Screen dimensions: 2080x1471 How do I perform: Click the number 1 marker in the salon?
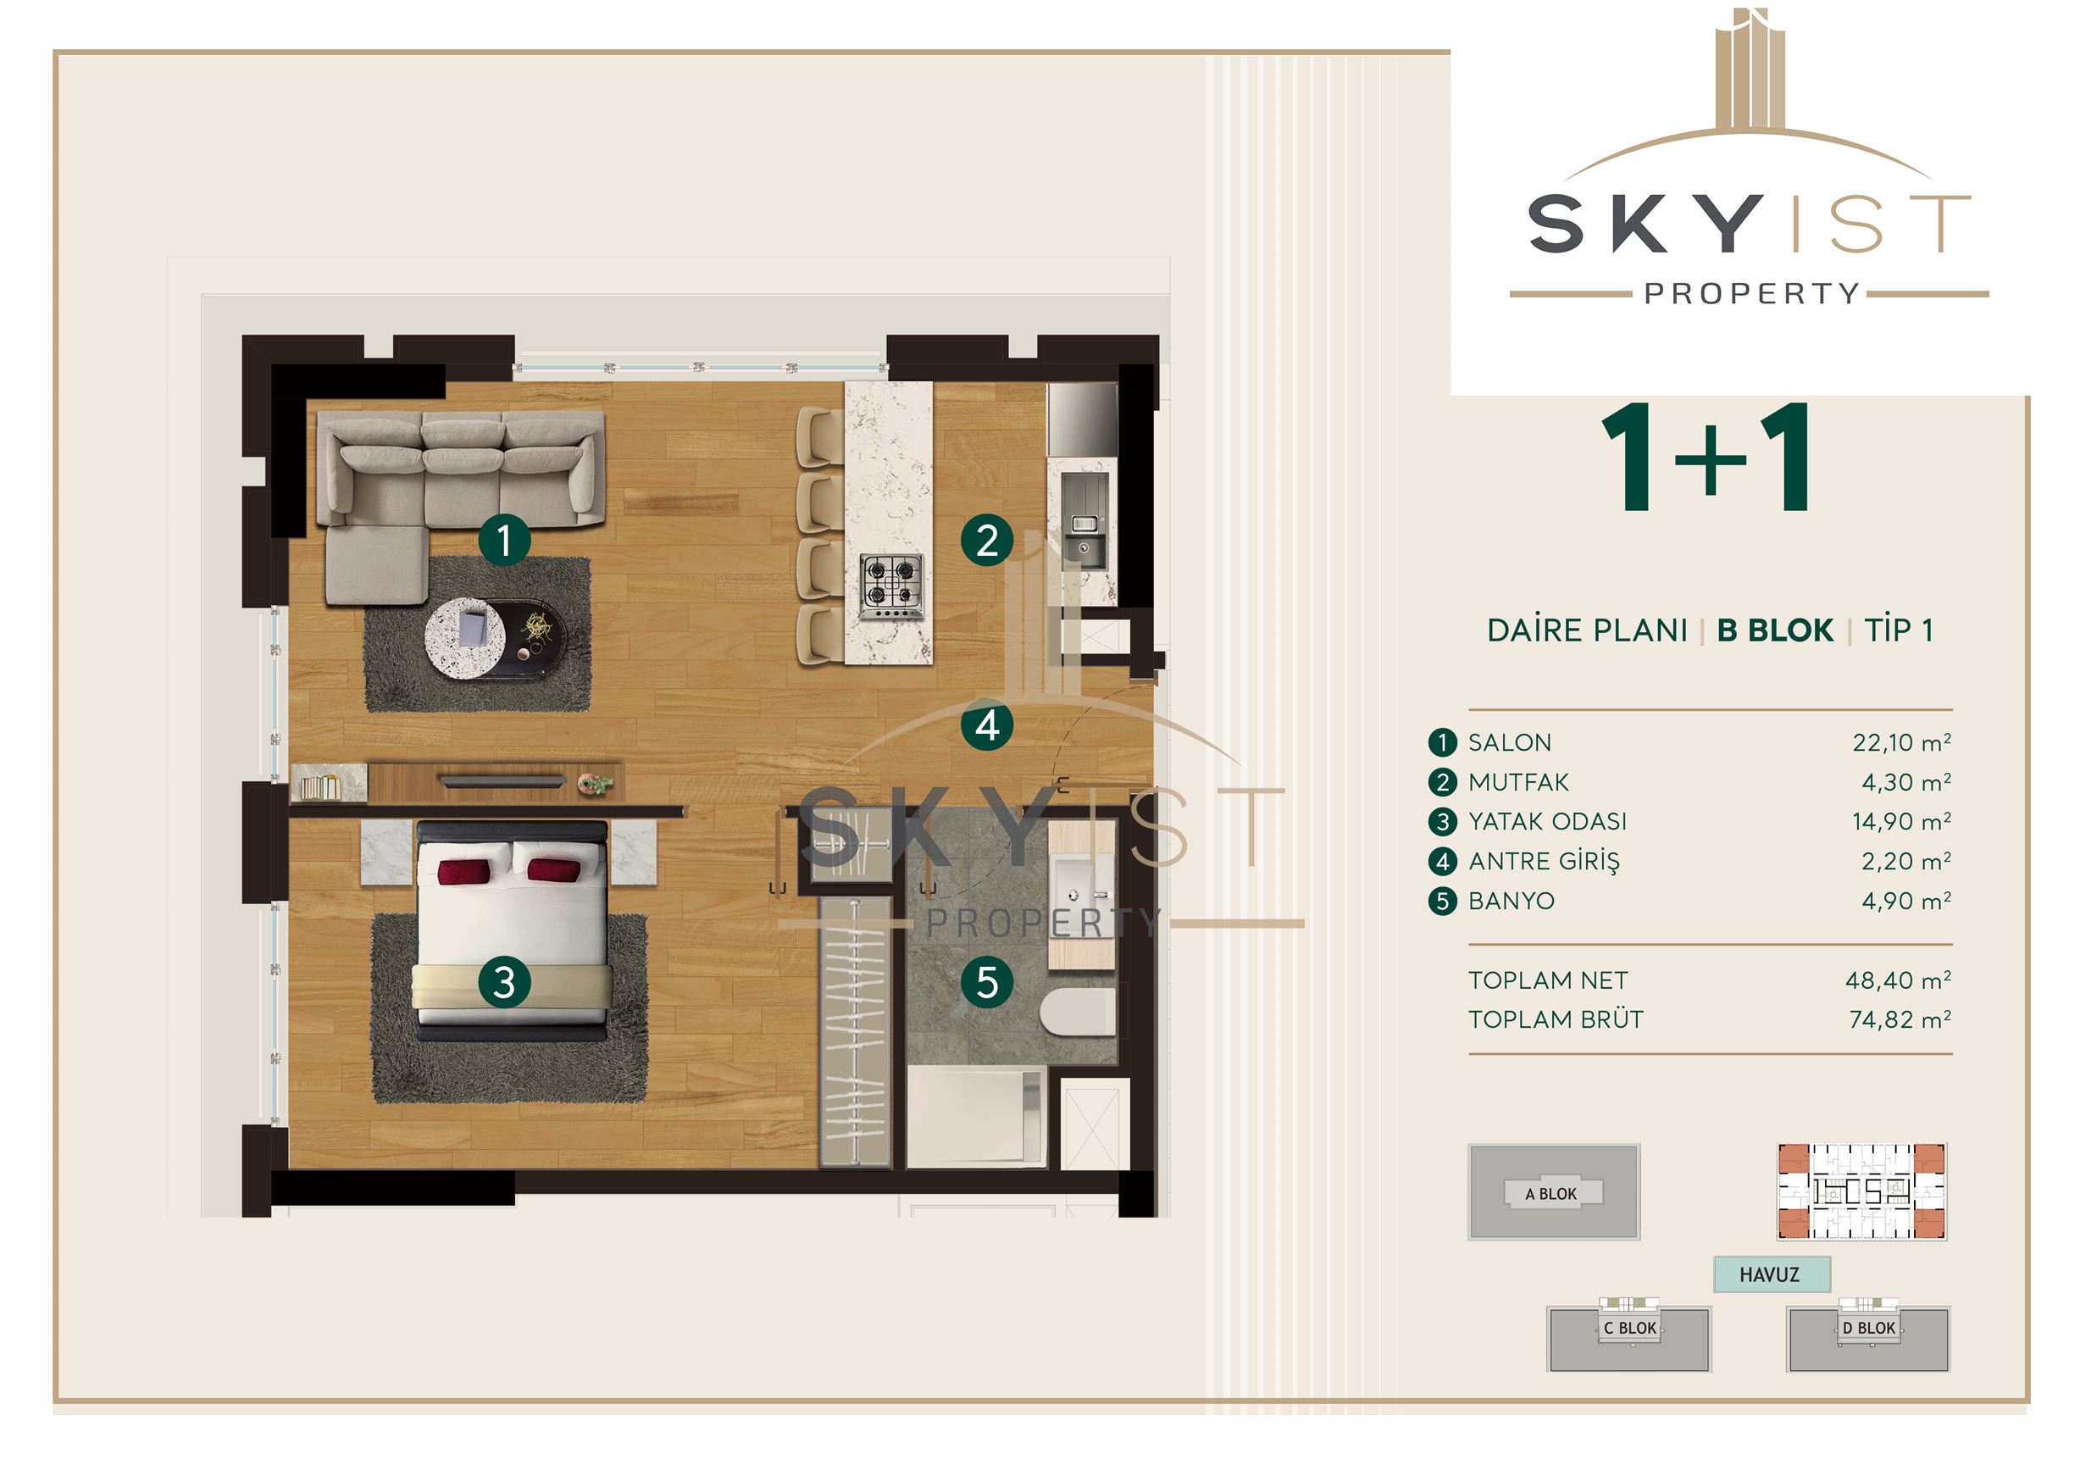504,541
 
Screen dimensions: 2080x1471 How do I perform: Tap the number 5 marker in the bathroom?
986,983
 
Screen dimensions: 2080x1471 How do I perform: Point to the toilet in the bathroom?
1077,1011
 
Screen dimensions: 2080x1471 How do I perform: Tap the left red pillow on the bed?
463,871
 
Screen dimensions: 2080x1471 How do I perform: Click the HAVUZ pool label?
1769,1274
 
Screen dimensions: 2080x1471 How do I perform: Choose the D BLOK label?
1869,1328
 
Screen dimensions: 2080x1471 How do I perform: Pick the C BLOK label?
1630,1328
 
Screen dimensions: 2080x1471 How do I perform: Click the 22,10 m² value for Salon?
1901,743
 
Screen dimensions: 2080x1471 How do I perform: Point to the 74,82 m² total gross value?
1900,1020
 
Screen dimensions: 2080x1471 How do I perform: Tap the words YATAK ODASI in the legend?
1547,822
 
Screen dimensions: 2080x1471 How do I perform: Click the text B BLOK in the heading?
1775,630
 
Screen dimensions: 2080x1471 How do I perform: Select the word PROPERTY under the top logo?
1752,293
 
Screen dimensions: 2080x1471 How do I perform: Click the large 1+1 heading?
1706,458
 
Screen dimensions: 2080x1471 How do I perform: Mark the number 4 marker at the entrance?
986,724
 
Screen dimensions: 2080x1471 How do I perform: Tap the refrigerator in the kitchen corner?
1082,419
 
